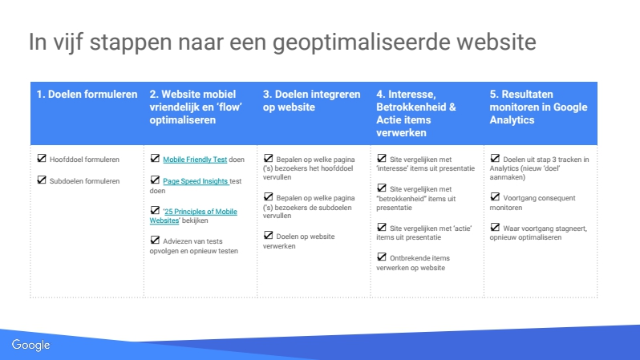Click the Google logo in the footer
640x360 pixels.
[x=30, y=346]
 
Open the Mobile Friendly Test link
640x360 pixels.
[x=195, y=160]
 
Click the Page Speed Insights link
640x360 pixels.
[x=196, y=181]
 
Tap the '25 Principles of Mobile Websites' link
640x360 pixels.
[x=193, y=216]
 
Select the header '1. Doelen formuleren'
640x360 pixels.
[x=87, y=95]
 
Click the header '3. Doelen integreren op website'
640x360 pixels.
[x=311, y=100]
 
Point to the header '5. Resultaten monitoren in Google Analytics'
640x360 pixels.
[x=538, y=107]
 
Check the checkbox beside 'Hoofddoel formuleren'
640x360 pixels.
[x=42, y=158]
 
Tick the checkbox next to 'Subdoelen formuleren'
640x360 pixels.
[x=42, y=180]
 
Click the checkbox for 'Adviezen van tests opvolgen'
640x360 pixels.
[x=155, y=240]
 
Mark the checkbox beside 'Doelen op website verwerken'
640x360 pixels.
[x=268, y=235]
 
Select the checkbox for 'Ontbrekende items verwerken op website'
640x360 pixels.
[x=382, y=257]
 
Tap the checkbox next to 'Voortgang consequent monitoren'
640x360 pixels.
[x=495, y=196]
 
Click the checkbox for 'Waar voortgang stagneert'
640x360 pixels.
[x=495, y=227]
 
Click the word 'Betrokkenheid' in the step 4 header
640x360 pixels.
[x=411, y=107]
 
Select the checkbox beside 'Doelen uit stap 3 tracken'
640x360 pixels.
[x=495, y=158]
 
